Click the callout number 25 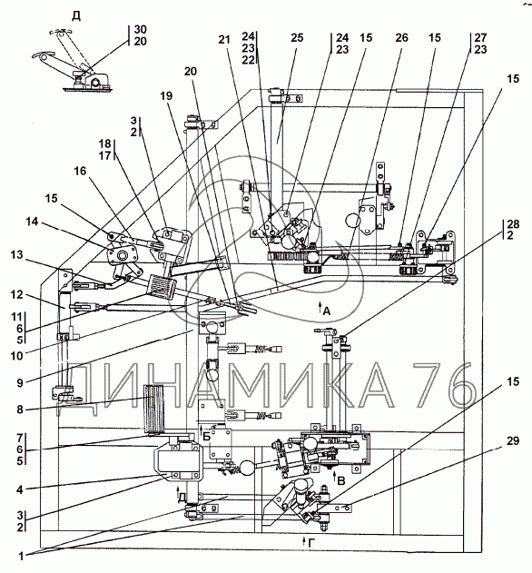pos(297,37)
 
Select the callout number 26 pos(401,37)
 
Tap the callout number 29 pos(513,440)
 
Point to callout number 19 pos(166,95)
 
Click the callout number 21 pos(225,39)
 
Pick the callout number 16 pos(80,171)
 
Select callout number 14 pos(32,222)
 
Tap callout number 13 pos(17,254)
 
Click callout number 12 pos(17,294)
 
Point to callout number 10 pos(17,355)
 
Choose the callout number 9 pos(20,382)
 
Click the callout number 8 pos(20,410)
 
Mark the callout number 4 pos(20,489)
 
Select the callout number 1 pos(21,556)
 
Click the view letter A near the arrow pos(327,311)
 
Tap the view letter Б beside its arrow pos(206,436)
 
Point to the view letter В pos(341,481)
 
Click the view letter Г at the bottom pos(311,543)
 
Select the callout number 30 pos(141,29)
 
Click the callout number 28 pos(513,223)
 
